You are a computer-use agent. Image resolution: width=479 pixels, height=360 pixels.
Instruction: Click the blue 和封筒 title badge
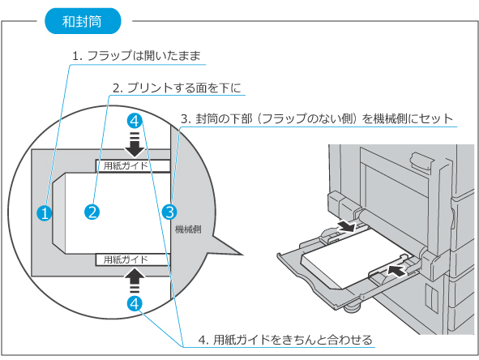click(x=83, y=21)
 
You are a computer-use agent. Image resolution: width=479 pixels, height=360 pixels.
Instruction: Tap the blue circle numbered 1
click(x=45, y=212)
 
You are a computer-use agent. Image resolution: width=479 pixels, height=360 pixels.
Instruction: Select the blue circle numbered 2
click(x=92, y=212)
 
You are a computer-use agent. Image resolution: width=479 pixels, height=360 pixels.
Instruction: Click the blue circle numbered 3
click(x=169, y=212)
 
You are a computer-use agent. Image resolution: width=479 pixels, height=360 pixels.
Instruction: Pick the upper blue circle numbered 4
click(x=135, y=121)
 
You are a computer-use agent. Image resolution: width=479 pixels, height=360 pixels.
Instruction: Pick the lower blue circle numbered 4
click(x=135, y=303)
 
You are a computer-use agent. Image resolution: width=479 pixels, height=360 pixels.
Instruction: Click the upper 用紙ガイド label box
click(x=133, y=165)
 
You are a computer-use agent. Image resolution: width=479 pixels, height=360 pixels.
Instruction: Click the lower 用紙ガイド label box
click(x=133, y=259)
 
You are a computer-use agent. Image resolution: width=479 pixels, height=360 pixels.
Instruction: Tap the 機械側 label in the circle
click(x=188, y=229)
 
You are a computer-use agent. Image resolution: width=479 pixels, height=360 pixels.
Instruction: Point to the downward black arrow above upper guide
click(x=135, y=145)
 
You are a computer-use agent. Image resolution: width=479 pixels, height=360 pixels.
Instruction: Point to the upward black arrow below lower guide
click(x=135, y=281)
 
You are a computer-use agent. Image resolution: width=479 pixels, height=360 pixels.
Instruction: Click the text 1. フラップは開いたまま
click(x=136, y=56)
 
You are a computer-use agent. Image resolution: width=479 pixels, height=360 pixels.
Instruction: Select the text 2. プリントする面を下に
click(x=177, y=88)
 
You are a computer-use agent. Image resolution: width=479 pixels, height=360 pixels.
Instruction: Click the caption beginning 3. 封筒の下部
click(x=317, y=118)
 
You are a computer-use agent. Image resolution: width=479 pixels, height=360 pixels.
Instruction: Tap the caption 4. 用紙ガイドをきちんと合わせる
click(x=285, y=340)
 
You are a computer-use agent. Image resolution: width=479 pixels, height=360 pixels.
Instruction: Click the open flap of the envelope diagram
click(x=58, y=212)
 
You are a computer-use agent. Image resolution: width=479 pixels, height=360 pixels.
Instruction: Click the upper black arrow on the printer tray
click(x=349, y=226)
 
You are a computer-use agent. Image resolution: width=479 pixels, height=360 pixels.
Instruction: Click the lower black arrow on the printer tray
click(x=397, y=270)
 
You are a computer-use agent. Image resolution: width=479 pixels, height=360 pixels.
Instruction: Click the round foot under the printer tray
click(x=353, y=307)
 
